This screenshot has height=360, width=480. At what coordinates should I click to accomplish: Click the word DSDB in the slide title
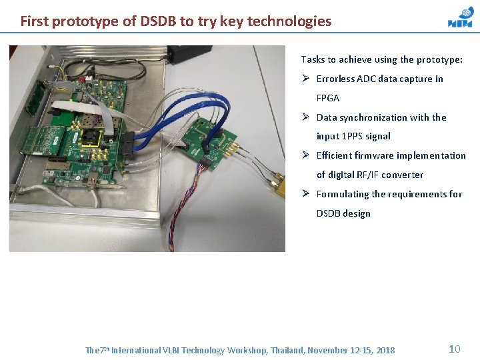(158, 21)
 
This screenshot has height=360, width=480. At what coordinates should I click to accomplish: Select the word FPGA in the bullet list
(328, 98)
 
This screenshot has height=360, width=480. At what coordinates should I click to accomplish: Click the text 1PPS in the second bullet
(353, 136)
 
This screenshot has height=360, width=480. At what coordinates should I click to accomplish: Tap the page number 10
(455, 349)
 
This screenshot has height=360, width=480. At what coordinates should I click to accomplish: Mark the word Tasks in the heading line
(313, 59)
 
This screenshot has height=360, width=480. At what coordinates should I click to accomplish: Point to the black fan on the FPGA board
(91, 136)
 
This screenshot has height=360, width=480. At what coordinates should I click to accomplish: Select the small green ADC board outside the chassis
(212, 140)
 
